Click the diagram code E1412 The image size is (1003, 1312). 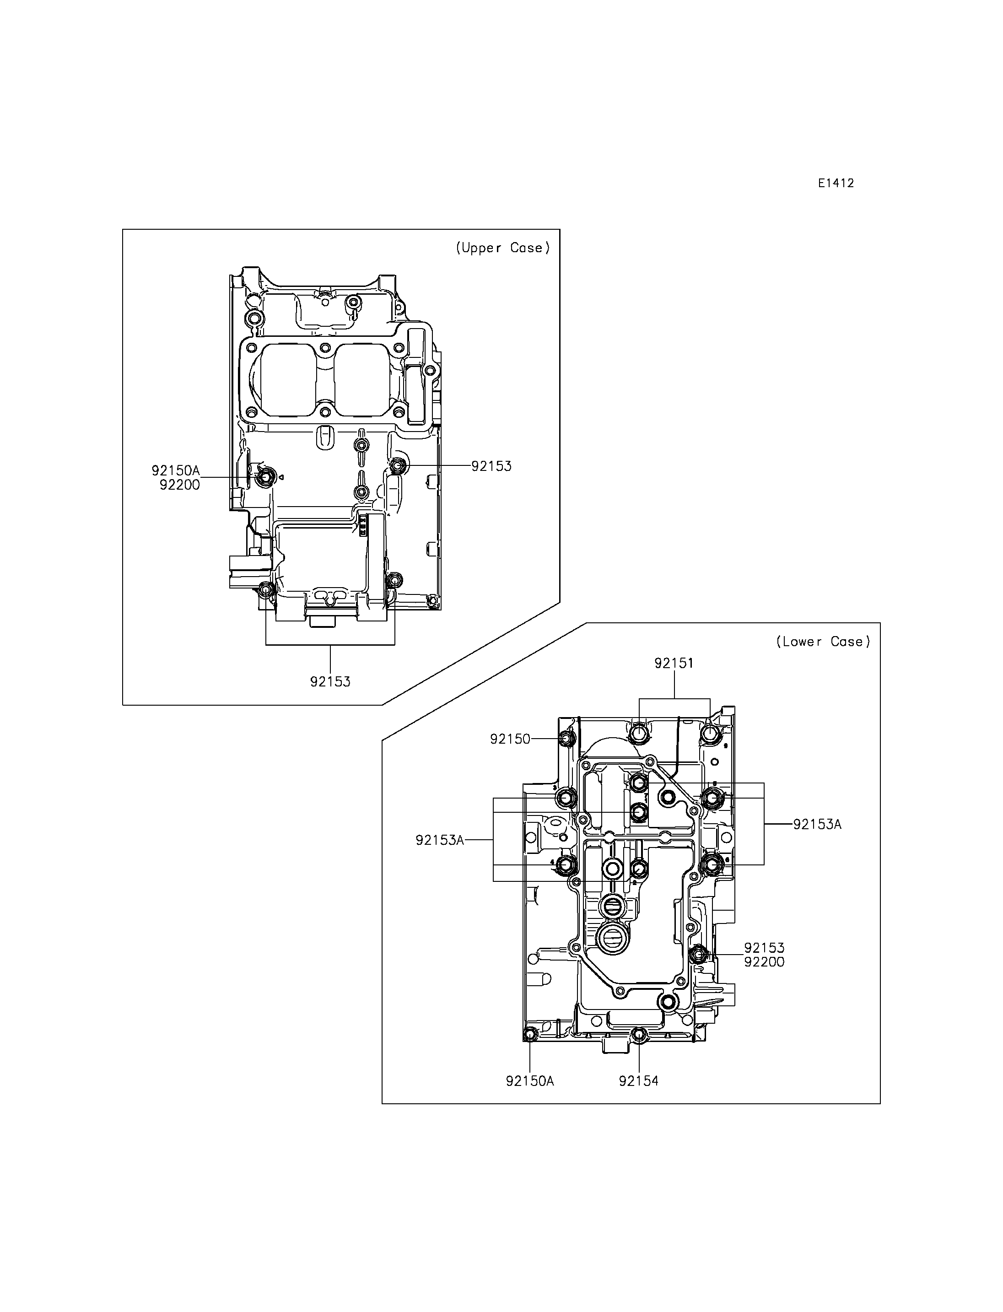[836, 184]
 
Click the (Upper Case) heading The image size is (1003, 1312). [503, 248]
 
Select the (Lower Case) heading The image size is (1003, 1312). [823, 642]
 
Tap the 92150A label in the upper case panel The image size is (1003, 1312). [176, 470]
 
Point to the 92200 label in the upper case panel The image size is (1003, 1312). [180, 485]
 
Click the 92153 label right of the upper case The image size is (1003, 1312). [491, 466]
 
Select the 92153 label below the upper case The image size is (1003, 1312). [330, 681]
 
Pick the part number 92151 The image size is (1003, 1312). [674, 663]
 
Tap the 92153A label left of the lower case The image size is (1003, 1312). [440, 840]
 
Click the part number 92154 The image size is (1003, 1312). [639, 1081]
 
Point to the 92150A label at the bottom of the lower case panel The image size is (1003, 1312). [530, 1081]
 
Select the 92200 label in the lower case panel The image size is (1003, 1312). [764, 962]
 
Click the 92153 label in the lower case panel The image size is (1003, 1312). [764, 948]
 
